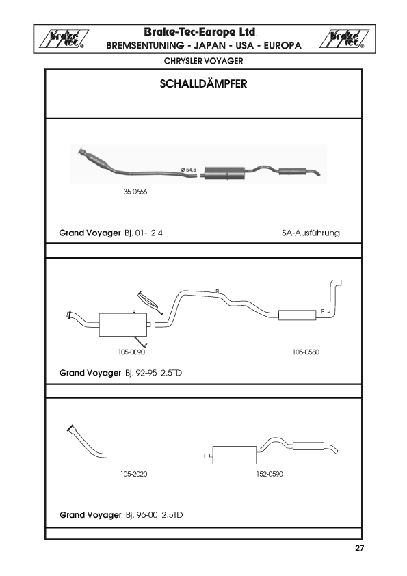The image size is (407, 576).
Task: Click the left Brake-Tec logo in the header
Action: [x=64, y=39]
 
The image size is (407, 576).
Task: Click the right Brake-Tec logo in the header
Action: [x=344, y=39]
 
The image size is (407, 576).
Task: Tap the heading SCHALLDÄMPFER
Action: [x=204, y=83]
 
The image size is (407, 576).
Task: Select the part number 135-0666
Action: [x=133, y=192]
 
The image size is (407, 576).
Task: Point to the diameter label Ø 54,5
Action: [x=189, y=170]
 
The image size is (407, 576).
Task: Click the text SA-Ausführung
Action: [x=311, y=233]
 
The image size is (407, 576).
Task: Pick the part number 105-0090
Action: [x=131, y=352]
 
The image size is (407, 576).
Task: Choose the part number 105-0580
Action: [x=306, y=352]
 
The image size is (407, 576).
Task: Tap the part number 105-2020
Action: [x=133, y=474]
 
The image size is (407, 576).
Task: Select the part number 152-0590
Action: [x=270, y=474]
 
